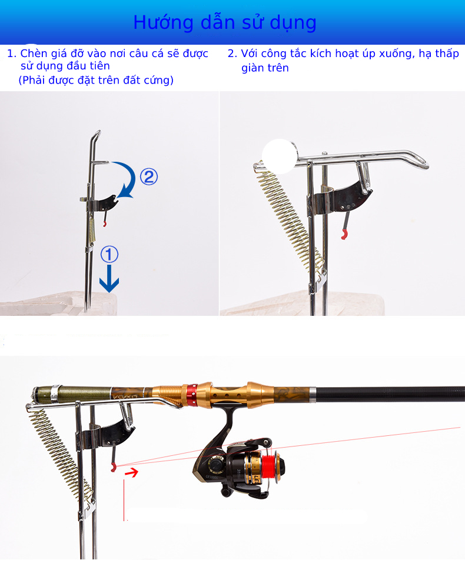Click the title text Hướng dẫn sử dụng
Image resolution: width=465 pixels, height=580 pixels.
coord(225,23)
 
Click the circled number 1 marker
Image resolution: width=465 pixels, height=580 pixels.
coord(109,255)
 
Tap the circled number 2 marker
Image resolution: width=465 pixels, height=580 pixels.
coord(149,177)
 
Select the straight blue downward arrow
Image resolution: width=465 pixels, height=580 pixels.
coord(109,279)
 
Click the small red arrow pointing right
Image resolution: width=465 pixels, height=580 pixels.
coord(131,472)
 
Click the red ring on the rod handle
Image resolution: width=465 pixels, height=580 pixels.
coord(192,394)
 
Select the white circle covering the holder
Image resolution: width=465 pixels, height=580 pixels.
coord(280,156)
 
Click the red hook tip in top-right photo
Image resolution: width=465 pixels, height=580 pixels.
coord(344,235)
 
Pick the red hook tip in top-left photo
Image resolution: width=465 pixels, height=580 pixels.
coord(105,224)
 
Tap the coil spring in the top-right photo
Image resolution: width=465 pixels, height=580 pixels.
coord(289,218)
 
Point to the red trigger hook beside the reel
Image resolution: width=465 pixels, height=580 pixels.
coord(113,467)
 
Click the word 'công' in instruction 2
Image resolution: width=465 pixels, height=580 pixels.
coord(274,54)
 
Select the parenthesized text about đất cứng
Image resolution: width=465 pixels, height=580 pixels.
coord(96,80)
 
